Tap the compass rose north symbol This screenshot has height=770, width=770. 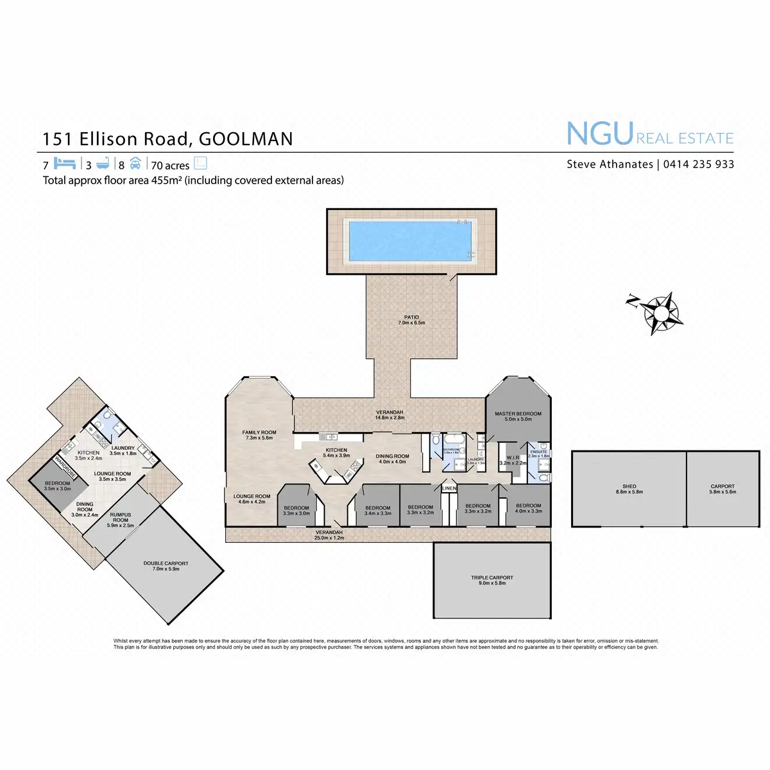[660, 311]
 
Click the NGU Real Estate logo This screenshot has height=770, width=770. [649, 134]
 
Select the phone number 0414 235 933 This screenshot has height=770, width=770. [698, 164]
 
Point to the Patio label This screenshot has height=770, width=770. [411, 317]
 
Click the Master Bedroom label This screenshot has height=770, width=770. [518, 414]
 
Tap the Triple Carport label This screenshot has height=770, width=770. [492, 577]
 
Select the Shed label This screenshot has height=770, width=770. [629, 486]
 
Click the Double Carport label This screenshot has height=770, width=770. [166, 563]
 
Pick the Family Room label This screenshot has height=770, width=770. [259, 432]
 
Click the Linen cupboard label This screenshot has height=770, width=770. [449, 489]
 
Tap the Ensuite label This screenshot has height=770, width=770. [539, 452]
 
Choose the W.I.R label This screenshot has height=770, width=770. [513, 458]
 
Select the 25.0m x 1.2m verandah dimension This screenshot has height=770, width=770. [329, 538]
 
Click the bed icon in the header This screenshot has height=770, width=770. [65, 163]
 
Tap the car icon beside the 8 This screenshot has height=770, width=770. [135, 163]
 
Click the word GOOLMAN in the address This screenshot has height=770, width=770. [246, 139]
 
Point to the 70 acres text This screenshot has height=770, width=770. [170, 166]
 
